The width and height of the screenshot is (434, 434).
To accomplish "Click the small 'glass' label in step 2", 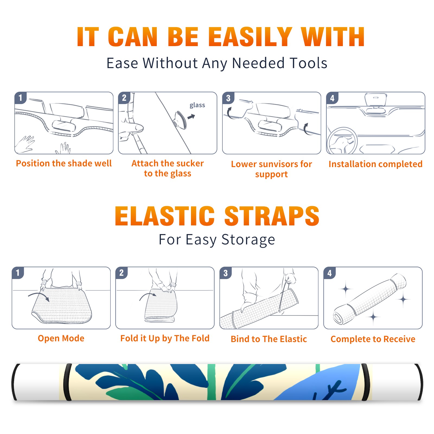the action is (x=197, y=105).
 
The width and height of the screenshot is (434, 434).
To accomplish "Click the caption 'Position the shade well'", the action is (x=64, y=163).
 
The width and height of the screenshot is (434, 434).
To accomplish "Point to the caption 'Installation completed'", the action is (x=375, y=164).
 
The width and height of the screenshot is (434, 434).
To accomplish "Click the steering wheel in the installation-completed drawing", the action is (x=342, y=141).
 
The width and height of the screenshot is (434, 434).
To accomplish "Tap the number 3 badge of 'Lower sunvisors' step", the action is (x=228, y=98).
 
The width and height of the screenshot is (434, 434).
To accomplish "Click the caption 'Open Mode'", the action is (x=61, y=338).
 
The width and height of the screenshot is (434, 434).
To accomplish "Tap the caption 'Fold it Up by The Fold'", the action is (x=165, y=338).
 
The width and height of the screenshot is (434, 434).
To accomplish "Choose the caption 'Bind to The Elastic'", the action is (x=269, y=339).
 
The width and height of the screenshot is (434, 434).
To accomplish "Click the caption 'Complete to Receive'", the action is (x=373, y=339).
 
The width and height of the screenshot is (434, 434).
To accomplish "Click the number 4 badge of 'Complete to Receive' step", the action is (x=330, y=273).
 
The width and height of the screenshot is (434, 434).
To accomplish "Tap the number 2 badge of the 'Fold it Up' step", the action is (x=122, y=273).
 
